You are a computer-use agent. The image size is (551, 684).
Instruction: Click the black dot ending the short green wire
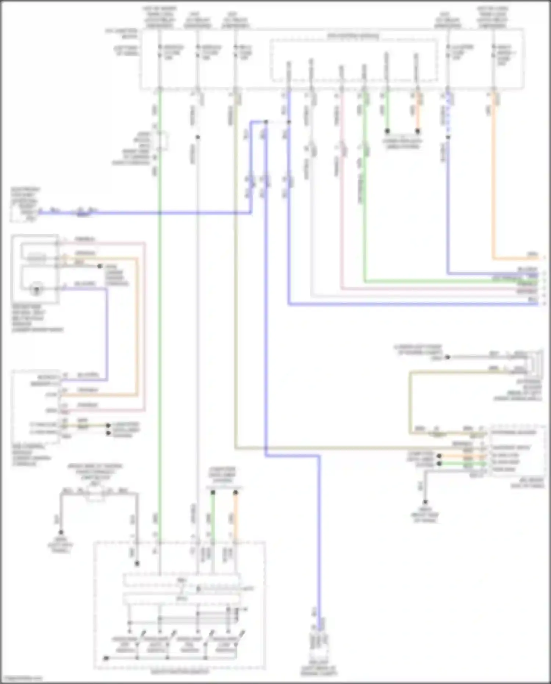[x=387, y=131]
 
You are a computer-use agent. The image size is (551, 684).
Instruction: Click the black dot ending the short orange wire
[x=418, y=131]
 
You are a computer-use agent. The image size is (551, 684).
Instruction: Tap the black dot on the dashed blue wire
[x=448, y=137]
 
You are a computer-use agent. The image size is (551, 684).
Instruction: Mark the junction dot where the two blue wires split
[x=266, y=122]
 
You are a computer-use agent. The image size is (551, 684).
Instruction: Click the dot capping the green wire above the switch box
[x=213, y=492]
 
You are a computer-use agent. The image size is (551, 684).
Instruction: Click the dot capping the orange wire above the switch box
[x=235, y=492]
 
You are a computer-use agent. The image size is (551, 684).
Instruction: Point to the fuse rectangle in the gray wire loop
[x=95, y=495]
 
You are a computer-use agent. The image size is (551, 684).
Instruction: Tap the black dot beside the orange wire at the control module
[x=439, y=456]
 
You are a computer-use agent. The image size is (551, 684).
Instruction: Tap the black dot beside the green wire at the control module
[x=439, y=464]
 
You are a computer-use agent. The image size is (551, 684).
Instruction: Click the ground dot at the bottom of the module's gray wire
[x=425, y=502]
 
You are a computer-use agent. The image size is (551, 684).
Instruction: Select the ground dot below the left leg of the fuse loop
[x=61, y=532]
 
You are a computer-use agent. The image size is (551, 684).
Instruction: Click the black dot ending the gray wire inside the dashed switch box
[x=137, y=563]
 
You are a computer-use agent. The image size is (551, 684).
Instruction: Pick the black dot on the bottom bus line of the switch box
[x=106, y=658]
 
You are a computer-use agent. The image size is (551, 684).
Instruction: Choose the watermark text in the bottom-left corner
[x=21, y=678]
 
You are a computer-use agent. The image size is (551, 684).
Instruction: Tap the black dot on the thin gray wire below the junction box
[x=198, y=137]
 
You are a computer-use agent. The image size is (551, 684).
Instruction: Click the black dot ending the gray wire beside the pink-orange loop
[x=100, y=266]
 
